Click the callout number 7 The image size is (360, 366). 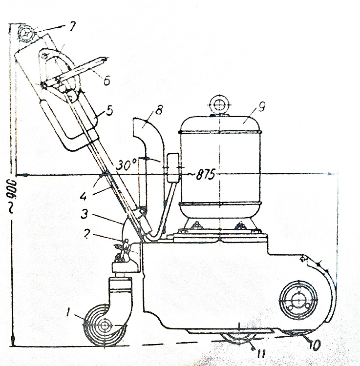[71, 27]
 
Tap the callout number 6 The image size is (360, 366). [106, 81]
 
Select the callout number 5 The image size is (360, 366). [109, 110]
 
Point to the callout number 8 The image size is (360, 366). [159, 110]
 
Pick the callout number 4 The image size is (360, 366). [84, 197]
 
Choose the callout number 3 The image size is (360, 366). [85, 214]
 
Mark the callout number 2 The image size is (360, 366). [86, 234]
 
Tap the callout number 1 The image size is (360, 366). [68, 312]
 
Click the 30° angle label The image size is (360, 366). [127, 165]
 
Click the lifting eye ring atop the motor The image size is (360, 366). [219, 104]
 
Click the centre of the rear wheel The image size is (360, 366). [298, 300]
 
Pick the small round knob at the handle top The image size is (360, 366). [25, 34]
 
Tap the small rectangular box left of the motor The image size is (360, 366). [173, 167]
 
